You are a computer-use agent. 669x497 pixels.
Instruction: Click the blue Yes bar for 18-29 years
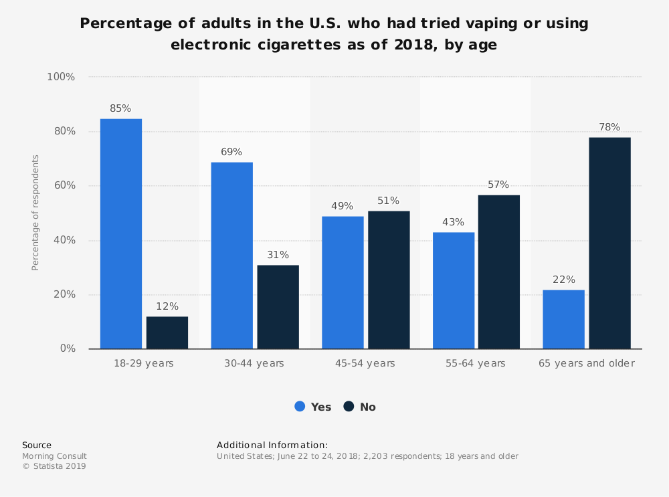point(121,233)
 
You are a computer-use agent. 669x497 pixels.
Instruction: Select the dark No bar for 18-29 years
point(167,332)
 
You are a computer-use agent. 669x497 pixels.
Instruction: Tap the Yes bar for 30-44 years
point(231,255)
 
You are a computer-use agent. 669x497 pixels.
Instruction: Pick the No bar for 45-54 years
point(389,280)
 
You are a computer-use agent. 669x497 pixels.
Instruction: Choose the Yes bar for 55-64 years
point(454,290)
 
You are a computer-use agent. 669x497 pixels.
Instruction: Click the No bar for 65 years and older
point(609,243)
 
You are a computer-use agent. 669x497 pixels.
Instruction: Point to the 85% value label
point(120,108)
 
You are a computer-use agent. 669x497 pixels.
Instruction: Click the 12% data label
point(167,306)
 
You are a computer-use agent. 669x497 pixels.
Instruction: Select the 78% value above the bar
point(609,127)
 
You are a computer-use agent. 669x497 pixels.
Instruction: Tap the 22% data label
point(563,280)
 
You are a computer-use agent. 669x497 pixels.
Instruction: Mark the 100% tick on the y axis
point(61,77)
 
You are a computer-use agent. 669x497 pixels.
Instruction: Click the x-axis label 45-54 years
point(365,363)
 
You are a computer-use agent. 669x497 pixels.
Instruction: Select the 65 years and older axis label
point(587,363)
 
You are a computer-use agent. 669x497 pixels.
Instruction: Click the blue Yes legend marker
point(300,406)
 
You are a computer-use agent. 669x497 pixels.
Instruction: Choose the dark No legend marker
point(349,406)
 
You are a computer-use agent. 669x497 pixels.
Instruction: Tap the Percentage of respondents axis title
point(35,213)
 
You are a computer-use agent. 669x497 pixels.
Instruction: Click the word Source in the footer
point(37,445)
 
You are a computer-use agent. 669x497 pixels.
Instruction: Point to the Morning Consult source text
point(54,456)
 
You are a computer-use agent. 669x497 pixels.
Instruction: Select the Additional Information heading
point(272,445)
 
